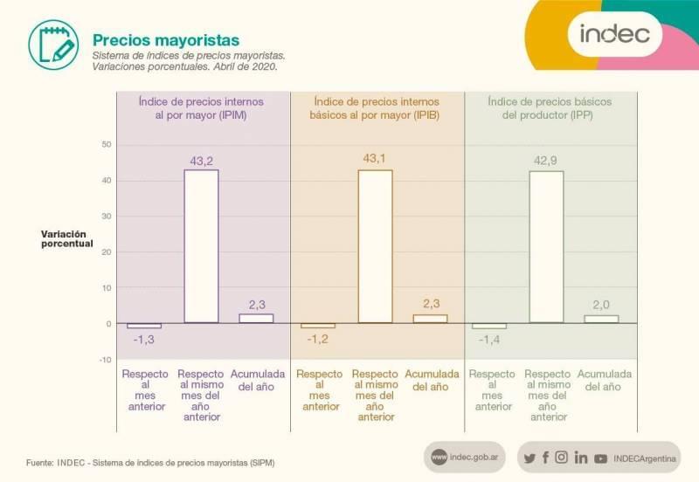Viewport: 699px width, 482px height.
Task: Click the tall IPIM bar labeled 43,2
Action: pyautogui.click(x=201, y=246)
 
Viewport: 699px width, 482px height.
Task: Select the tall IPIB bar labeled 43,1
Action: pyautogui.click(x=375, y=246)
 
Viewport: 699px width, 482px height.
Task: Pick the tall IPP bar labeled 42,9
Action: pyautogui.click(x=547, y=247)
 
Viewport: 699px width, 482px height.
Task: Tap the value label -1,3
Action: pyautogui.click(x=143, y=339)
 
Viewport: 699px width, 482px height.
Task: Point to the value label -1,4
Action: pyautogui.click(x=489, y=339)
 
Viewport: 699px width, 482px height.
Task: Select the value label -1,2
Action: pyautogui.click(x=317, y=339)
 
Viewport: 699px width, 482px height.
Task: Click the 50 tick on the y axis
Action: pyautogui.click(x=107, y=144)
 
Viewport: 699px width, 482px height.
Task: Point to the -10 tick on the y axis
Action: pyautogui.click(x=105, y=359)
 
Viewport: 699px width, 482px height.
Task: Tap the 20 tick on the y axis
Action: pyautogui.click(x=107, y=251)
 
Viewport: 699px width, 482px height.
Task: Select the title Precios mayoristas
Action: pyautogui.click(x=166, y=40)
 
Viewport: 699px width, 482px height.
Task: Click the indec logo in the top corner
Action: pyautogui.click(x=615, y=34)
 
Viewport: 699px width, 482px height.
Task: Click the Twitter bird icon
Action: pyautogui.click(x=529, y=458)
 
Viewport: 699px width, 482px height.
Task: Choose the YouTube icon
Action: pyautogui.click(x=600, y=458)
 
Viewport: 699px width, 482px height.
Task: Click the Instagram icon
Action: pyautogui.click(x=562, y=458)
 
